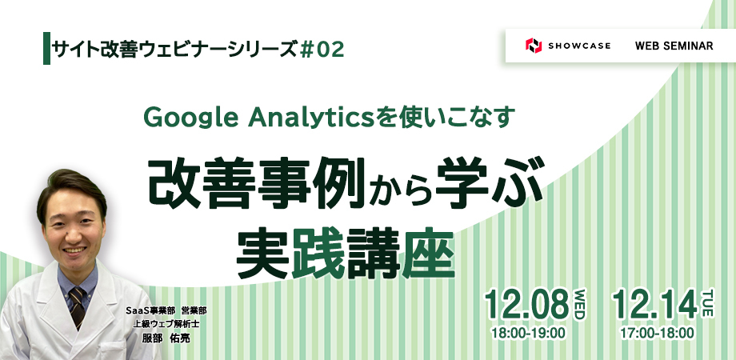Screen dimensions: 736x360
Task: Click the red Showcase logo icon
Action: (534, 46)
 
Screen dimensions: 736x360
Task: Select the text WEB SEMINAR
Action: (674, 46)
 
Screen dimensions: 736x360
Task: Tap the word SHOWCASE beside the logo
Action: (579, 46)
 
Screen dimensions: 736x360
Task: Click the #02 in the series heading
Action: (322, 50)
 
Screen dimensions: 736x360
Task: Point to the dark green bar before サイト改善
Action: (46, 48)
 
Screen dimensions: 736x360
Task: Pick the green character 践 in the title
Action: (318, 255)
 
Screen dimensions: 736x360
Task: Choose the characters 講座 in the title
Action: (401, 255)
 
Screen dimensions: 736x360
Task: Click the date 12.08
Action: (527, 305)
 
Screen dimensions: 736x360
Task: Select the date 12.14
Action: (654, 305)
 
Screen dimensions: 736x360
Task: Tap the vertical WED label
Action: (580, 305)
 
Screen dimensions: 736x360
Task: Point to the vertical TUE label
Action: (707, 303)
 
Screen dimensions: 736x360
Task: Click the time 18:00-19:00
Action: (528, 334)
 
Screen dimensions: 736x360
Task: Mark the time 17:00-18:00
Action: (657, 334)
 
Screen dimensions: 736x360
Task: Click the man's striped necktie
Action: (77, 306)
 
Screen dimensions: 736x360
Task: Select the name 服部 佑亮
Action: (166, 338)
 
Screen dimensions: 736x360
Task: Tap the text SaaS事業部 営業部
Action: (166, 310)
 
